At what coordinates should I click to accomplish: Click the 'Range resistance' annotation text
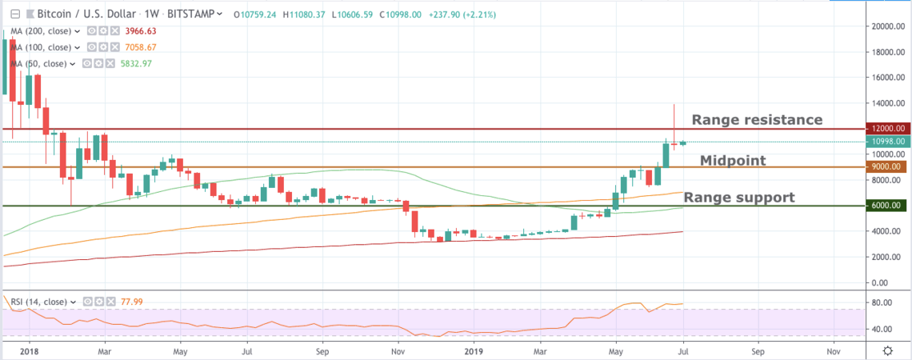pos(757,120)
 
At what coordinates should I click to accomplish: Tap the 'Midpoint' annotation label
pos(733,161)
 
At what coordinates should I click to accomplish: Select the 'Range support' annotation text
pos(738,198)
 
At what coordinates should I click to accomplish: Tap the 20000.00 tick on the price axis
pos(887,26)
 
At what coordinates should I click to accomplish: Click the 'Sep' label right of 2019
pos(757,350)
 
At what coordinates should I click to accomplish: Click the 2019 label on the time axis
pos(474,350)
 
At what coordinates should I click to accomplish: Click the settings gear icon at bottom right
pos(888,350)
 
